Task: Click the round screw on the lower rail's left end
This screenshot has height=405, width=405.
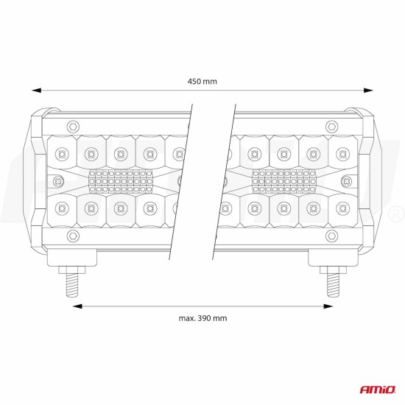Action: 71,236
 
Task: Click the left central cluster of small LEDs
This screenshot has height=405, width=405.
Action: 120,180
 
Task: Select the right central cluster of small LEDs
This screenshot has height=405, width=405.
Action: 284,180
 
